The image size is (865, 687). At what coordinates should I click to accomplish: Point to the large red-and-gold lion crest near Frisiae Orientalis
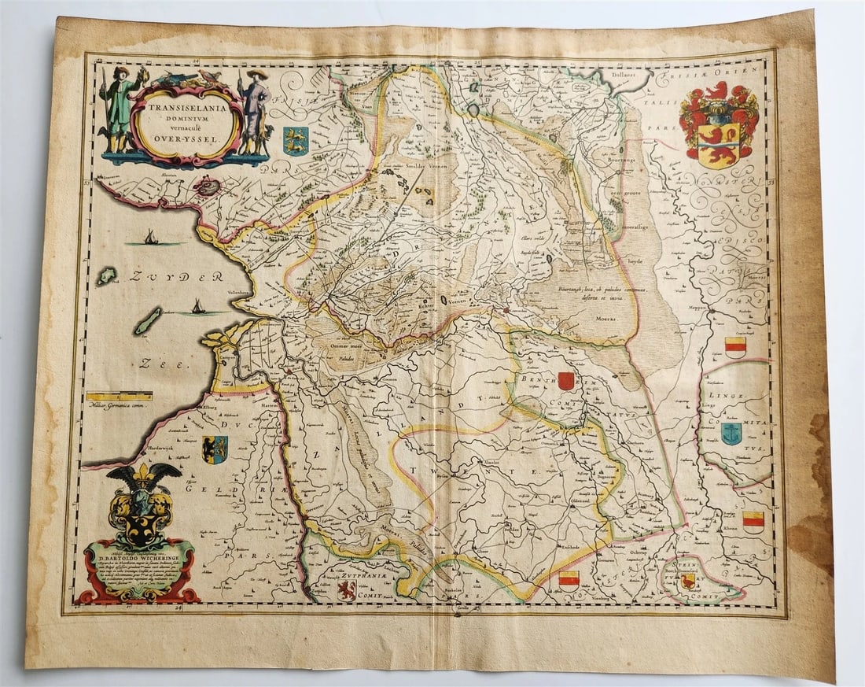[719, 126]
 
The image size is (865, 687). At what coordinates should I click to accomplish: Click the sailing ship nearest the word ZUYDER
[149, 237]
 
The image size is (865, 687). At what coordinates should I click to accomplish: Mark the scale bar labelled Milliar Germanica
[120, 397]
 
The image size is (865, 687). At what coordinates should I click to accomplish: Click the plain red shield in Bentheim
[566, 381]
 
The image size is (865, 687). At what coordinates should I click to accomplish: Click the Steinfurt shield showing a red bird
[689, 581]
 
